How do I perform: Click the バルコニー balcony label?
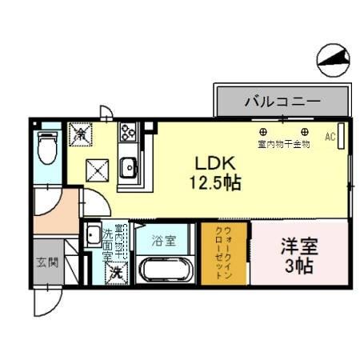(x=282, y=103)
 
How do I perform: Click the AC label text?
(x=330, y=137)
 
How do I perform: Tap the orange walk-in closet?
(x=223, y=253)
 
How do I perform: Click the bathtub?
(x=166, y=269)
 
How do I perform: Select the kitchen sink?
(x=128, y=168)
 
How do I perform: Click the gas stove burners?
(x=128, y=133)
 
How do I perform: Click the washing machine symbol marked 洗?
(x=116, y=271)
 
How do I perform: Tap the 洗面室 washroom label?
(x=107, y=244)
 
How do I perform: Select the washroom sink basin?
(x=93, y=226)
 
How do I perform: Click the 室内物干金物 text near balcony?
(x=284, y=145)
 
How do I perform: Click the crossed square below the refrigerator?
(x=97, y=169)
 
